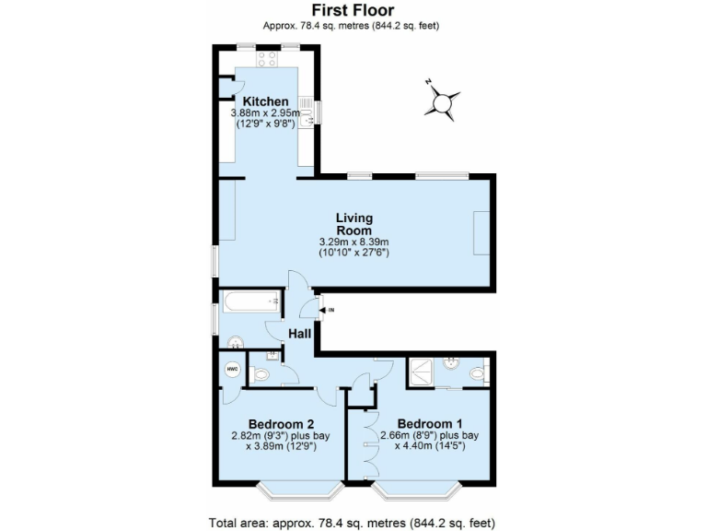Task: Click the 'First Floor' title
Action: (354, 10)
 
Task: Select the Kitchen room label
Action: (265, 101)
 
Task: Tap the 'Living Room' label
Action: (353, 224)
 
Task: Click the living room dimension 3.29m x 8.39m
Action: (353, 242)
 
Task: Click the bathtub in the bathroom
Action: (249, 301)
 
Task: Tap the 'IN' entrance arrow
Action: (323, 310)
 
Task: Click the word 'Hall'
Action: (299, 333)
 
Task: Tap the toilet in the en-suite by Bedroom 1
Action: (476, 373)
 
